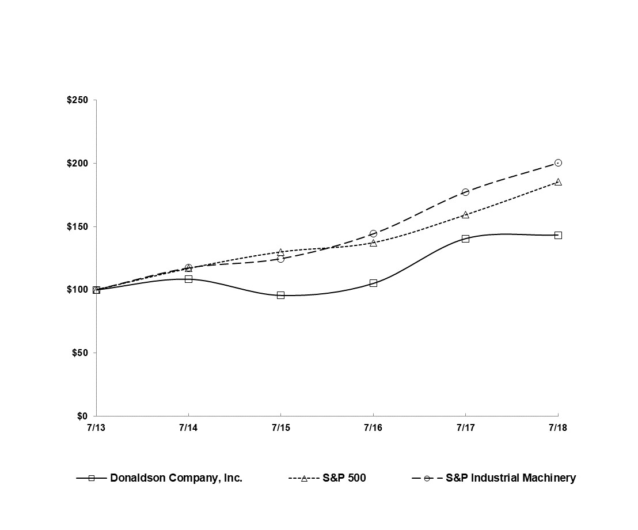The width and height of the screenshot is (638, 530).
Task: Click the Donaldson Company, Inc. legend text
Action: pyautogui.click(x=176, y=478)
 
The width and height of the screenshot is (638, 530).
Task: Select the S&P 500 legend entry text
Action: pyautogui.click(x=344, y=478)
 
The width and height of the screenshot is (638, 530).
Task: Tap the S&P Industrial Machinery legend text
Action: pyautogui.click(x=511, y=478)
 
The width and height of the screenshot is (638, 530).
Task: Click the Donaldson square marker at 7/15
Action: pyautogui.click(x=280, y=295)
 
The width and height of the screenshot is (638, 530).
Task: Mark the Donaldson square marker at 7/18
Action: pyautogui.click(x=558, y=235)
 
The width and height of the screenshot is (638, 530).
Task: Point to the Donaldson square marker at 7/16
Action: pyautogui.click(x=373, y=283)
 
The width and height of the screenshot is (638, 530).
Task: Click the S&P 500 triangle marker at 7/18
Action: pyautogui.click(x=558, y=181)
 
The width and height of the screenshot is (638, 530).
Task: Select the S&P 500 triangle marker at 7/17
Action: pyautogui.click(x=465, y=214)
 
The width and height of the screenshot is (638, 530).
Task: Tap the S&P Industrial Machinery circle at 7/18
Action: pyautogui.click(x=558, y=162)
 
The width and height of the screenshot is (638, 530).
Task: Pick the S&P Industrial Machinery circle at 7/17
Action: pyautogui.click(x=465, y=192)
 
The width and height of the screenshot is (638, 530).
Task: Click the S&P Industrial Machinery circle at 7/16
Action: pyautogui.click(x=373, y=233)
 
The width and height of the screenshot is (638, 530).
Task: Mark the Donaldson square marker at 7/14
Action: pyautogui.click(x=188, y=279)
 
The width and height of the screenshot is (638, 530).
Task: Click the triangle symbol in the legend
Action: pyautogui.click(x=304, y=478)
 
